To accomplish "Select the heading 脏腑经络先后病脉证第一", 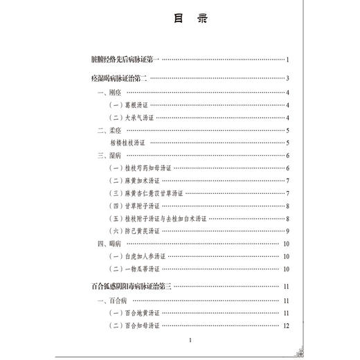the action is coord(125,60).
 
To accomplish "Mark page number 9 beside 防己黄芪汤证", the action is coord(287,231).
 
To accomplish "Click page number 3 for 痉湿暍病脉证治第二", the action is coord(287,78).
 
